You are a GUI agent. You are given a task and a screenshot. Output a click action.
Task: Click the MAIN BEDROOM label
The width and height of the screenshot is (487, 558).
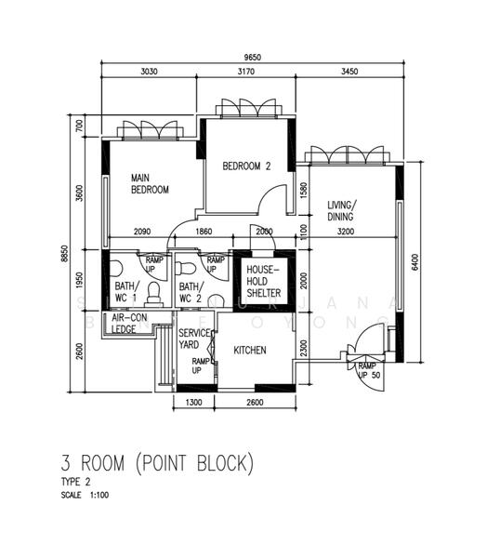[149, 183]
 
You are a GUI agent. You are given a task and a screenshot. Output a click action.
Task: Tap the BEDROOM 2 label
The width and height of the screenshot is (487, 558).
[246, 167]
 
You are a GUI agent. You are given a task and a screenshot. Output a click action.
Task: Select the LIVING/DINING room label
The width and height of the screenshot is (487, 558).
[343, 211]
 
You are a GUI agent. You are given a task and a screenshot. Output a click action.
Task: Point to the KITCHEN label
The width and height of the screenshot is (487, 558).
[251, 351]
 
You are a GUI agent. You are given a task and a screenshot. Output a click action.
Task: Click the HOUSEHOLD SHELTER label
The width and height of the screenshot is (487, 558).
[263, 280]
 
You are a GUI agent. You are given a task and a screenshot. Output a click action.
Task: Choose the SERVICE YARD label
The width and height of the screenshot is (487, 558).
[194, 339]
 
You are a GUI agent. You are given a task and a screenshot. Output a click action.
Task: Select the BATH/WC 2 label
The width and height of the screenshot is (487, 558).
[191, 292]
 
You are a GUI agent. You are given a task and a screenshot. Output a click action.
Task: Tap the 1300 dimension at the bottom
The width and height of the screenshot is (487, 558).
[194, 403]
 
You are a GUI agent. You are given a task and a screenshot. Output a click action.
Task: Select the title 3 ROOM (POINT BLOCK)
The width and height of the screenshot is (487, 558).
[156, 462]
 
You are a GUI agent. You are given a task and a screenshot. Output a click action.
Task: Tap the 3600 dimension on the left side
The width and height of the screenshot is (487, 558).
[80, 193]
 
